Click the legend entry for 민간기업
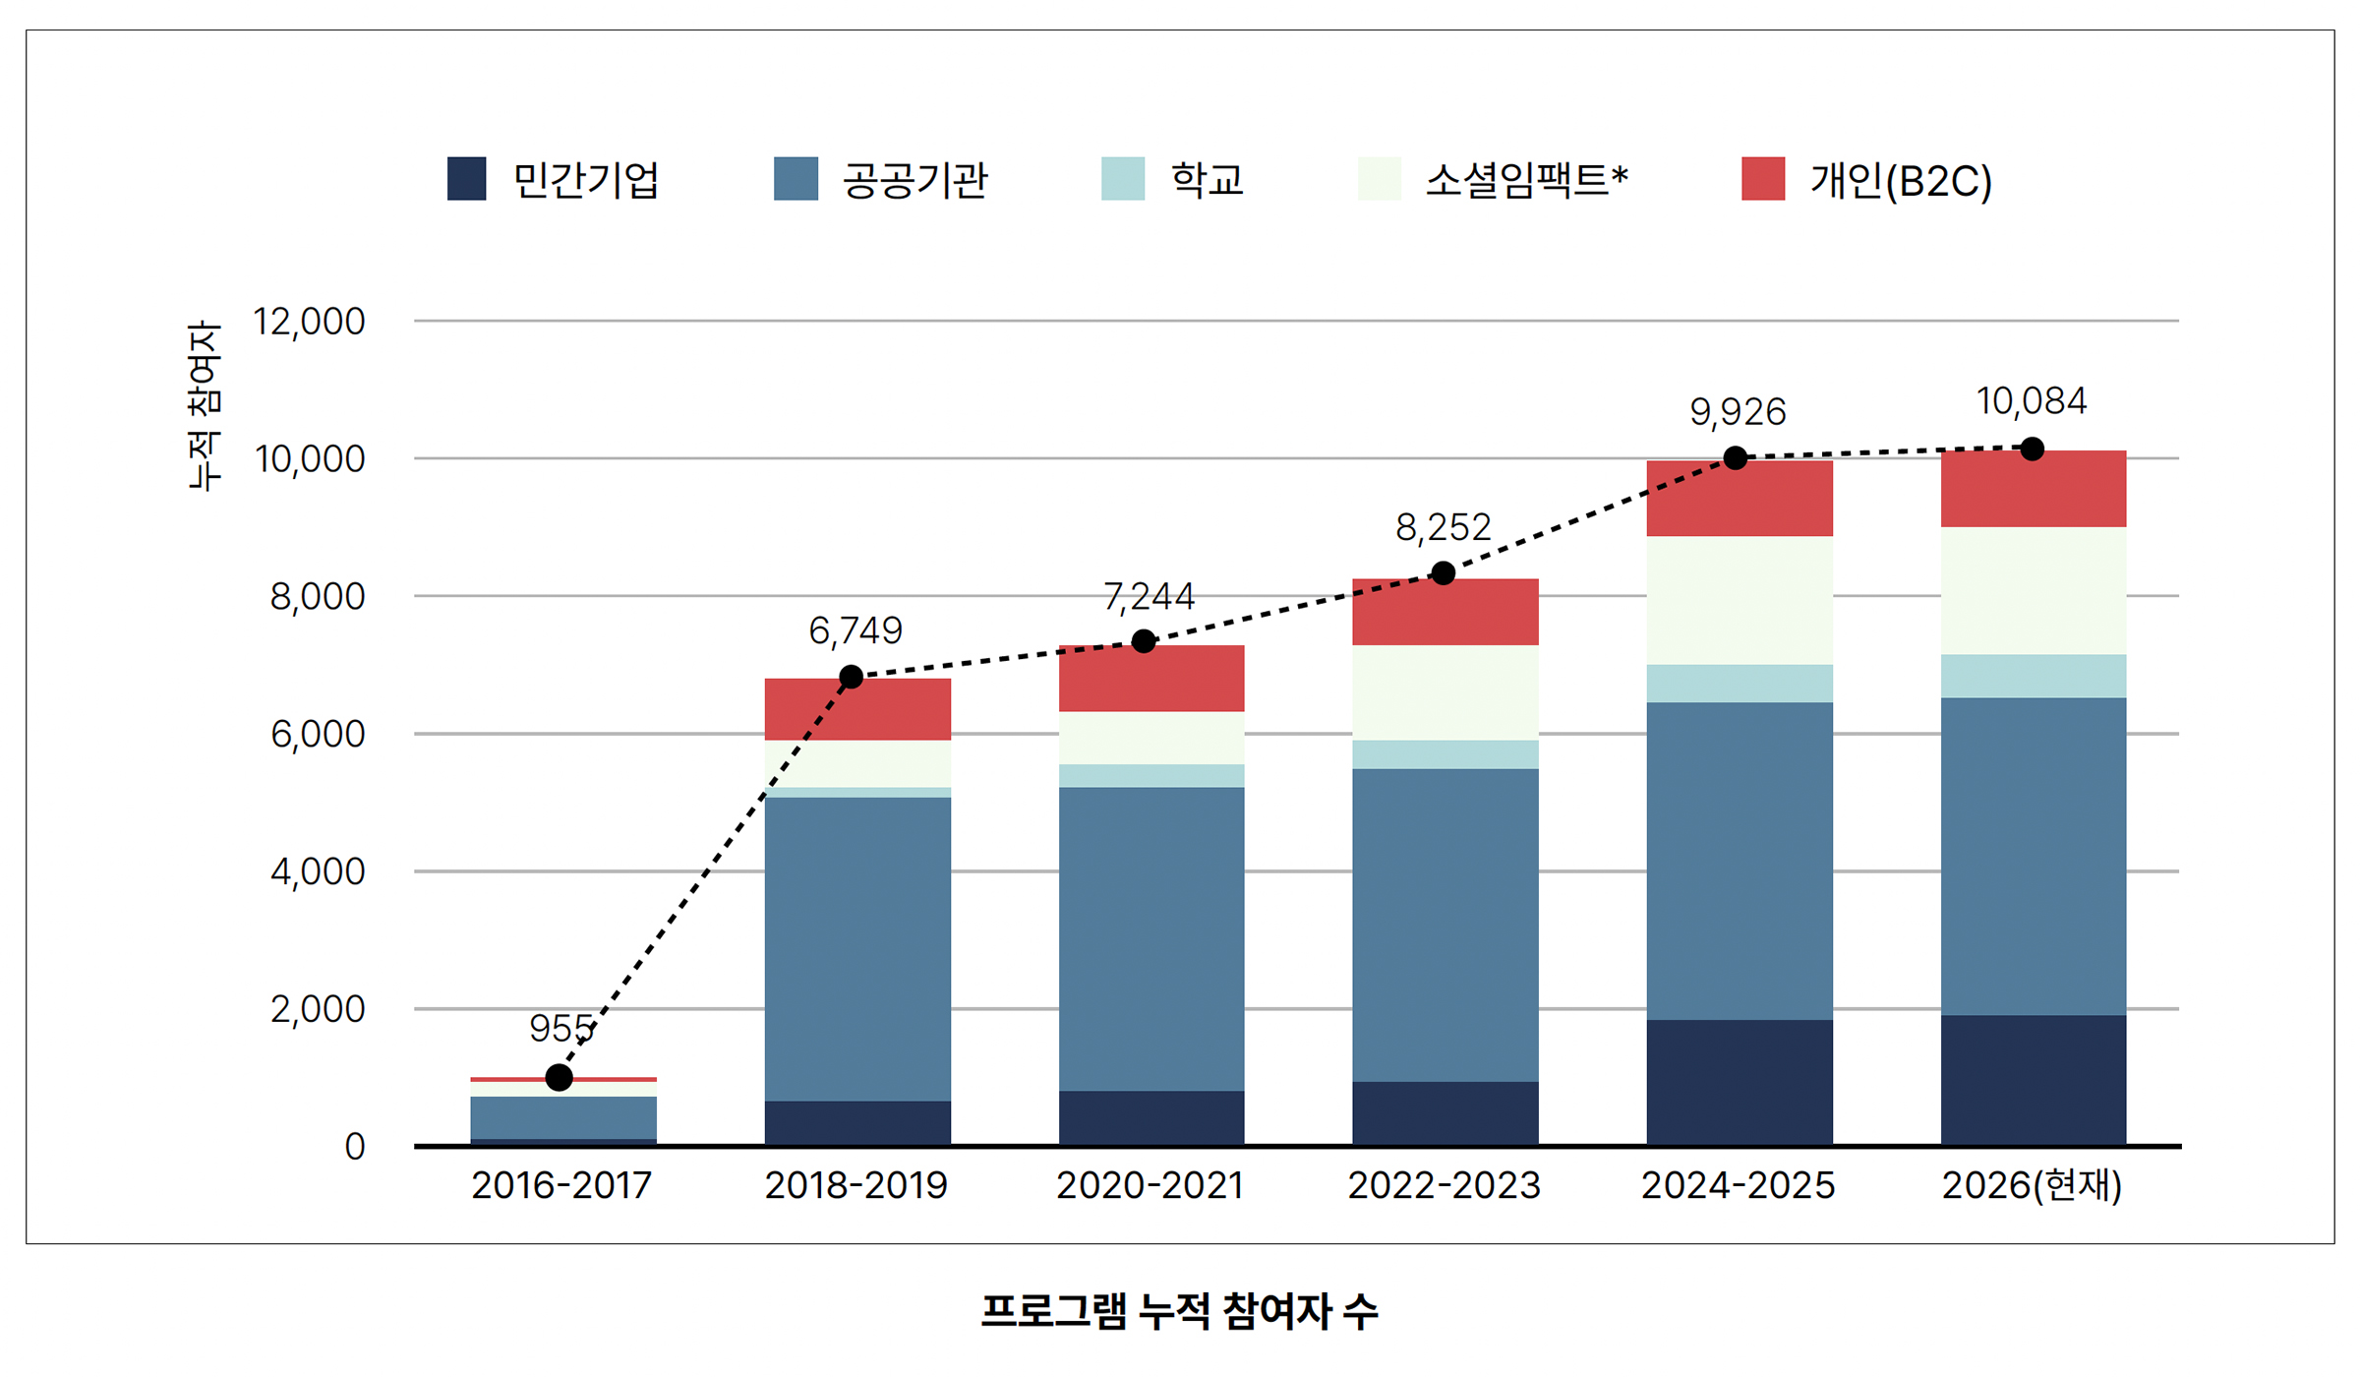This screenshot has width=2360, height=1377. (x=553, y=179)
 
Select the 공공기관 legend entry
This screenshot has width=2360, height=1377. (x=881, y=179)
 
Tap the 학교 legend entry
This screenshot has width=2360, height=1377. (x=1172, y=179)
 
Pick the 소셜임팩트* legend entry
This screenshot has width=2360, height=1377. (x=1493, y=179)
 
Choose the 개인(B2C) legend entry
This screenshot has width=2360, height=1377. (x=1866, y=179)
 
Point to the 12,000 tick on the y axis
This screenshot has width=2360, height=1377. (x=309, y=322)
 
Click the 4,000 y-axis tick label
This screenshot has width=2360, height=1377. (x=318, y=871)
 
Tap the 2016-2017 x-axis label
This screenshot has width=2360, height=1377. (x=561, y=1185)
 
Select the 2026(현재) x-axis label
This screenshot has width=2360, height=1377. (x=2032, y=1185)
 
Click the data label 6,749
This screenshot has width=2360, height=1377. (x=855, y=630)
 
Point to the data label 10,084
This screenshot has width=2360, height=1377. (x=2032, y=401)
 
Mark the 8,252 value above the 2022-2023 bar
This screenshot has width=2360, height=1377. (x=1444, y=528)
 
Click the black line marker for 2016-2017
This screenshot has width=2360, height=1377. (x=560, y=1078)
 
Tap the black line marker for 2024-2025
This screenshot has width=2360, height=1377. (x=1736, y=458)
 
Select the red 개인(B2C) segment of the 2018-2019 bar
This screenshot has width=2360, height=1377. (x=857, y=709)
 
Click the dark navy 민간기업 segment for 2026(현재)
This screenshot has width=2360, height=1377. (x=2034, y=1080)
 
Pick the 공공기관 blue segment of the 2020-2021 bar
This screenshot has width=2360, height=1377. (x=1151, y=939)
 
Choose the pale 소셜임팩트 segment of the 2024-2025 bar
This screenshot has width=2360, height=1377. (x=1740, y=600)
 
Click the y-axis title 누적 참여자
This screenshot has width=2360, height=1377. (x=205, y=405)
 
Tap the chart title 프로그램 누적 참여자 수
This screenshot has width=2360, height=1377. (x=1179, y=1312)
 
